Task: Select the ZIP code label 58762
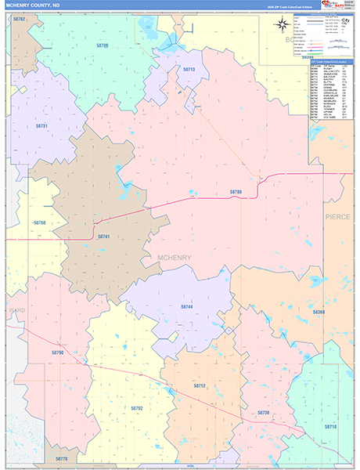20,18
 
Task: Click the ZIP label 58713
189,70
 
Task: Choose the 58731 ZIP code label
41,126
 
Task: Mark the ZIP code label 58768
40,223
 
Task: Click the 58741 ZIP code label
103,236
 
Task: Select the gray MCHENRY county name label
174,257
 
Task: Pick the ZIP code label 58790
56,353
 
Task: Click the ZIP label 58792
137,408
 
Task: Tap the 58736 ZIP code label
263,412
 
